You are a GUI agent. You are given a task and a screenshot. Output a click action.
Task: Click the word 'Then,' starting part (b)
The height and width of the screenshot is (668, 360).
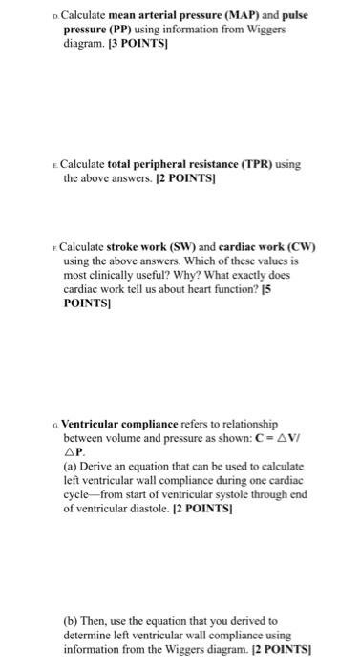[85, 620]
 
